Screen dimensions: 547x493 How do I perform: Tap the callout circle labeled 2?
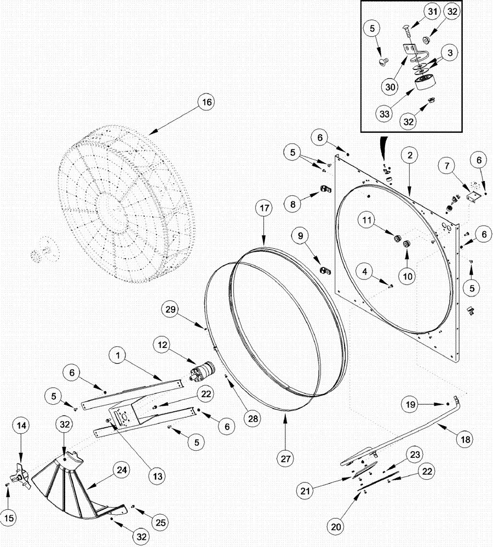coord(409,155)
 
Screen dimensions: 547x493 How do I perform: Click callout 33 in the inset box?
coord(383,114)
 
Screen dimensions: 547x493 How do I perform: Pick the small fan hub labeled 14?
coord(21,477)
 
